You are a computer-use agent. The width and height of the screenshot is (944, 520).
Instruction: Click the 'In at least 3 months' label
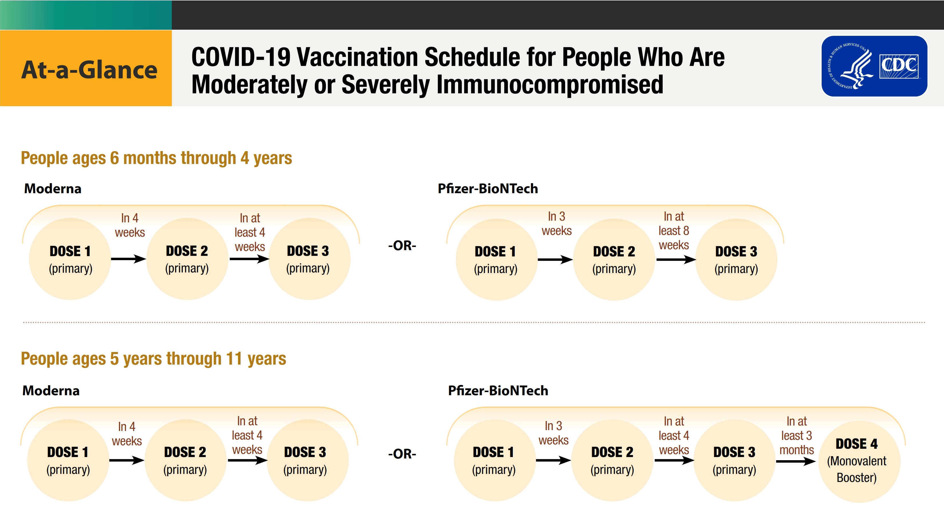[x=797, y=435]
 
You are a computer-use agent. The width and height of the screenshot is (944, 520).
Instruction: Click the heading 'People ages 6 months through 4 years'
[x=157, y=158]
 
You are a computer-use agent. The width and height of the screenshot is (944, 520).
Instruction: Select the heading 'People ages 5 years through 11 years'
[x=154, y=359]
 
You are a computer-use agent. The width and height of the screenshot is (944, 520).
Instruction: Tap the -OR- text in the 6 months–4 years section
[x=402, y=245]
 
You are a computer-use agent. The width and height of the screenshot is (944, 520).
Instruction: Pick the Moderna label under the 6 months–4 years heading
[x=53, y=188]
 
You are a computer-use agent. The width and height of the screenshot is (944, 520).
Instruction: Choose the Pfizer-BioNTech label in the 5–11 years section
[x=498, y=391]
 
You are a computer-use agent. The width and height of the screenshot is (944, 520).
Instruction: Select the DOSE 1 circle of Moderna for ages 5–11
[x=68, y=460]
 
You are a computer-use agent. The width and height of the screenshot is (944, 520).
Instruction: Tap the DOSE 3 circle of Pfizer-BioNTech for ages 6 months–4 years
[x=736, y=260]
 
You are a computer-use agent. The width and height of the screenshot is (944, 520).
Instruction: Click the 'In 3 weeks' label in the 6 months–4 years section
[x=557, y=224]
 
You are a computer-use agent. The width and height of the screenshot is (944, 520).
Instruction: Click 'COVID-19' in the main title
[x=241, y=57]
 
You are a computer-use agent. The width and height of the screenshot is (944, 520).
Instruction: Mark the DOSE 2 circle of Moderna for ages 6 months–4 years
[x=187, y=259]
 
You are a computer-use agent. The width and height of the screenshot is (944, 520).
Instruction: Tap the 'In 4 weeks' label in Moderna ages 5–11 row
[x=127, y=434]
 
